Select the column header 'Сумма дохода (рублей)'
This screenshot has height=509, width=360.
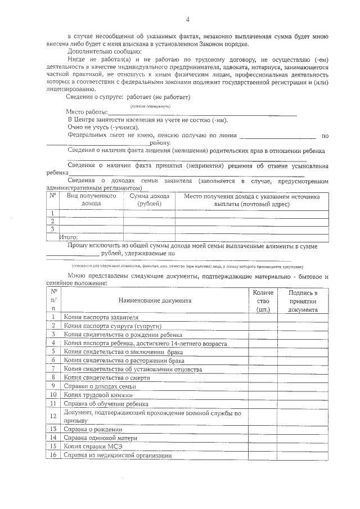click(149, 200)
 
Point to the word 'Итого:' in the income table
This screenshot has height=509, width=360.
click(68, 237)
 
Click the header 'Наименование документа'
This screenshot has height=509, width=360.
click(155, 300)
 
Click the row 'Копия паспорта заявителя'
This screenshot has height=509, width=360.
click(101, 317)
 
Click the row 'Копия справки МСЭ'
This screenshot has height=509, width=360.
click(92, 446)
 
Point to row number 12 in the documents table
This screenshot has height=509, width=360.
click(53, 416)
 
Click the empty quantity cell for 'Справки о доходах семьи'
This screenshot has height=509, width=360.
click(263, 386)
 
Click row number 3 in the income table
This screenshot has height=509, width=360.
click(52, 229)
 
